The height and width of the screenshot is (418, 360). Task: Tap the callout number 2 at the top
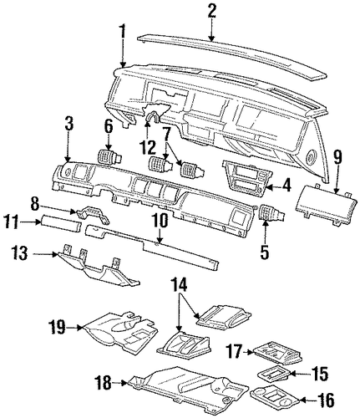(x=212, y=12)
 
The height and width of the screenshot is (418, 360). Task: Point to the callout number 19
(x=57, y=327)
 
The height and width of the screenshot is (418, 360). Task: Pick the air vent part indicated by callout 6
(x=110, y=157)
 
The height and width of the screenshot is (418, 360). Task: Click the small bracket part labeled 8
(x=92, y=215)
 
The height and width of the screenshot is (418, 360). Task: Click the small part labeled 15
(x=274, y=374)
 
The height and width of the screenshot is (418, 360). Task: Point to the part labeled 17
(x=276, y=351)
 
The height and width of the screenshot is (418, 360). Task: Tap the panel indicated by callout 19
(x=120, y=334)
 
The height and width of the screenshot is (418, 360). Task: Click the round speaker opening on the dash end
(x=311, y=157)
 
